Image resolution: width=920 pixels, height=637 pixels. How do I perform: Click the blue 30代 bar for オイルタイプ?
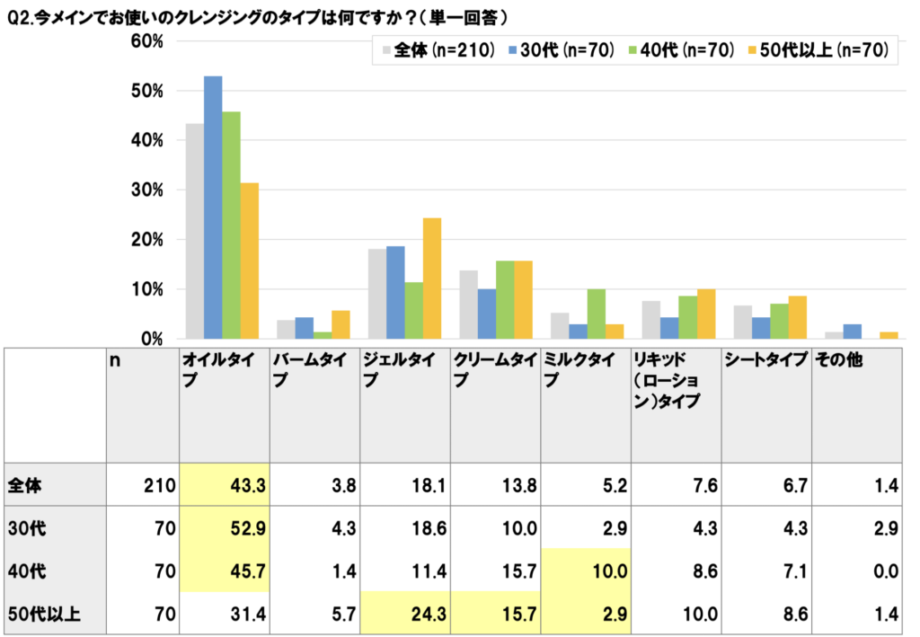pos(213,208)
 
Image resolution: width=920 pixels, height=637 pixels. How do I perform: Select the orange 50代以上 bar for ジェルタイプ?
pos(431,279)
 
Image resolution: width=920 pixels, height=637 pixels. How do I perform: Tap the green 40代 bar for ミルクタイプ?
pos(596,314)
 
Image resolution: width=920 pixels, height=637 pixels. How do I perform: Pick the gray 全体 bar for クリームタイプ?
pos(468,305)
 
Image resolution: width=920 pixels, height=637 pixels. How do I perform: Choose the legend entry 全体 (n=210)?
pos(438,51)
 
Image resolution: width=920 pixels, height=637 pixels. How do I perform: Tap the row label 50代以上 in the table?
pos(45,615)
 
